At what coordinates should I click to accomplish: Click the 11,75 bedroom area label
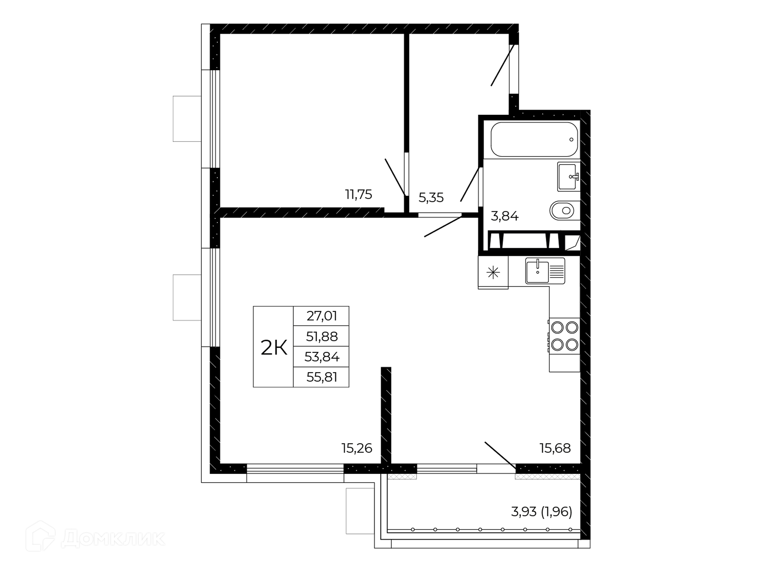(x=358, y=195)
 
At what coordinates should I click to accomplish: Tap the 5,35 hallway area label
(x=431, y=197)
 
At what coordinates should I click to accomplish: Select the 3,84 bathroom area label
(x=505, y=216)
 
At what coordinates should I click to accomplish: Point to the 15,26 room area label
(x=357, y=448)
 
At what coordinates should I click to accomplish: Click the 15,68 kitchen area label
(x=555, y=448)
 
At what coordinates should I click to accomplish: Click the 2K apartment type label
(x=274, y=348)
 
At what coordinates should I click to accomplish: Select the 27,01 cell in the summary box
(x=322, y=316)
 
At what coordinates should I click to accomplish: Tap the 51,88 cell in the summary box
(x=322, y=337)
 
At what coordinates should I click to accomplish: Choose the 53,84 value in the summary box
(x=322, y=357)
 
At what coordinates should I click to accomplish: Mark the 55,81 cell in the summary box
(x=322, y=377)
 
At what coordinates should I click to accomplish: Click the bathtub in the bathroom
(x=534, y=139)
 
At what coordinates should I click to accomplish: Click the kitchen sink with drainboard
(x=545, y=271)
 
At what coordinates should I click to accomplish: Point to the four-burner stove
(x=564, y=336)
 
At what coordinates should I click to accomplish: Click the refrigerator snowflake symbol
(x=493, y=272)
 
